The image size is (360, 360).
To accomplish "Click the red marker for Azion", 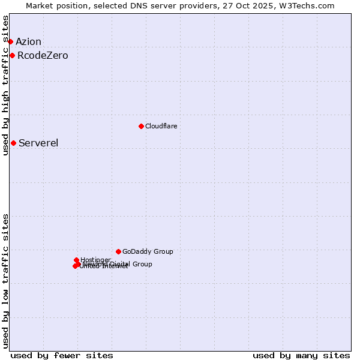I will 10,41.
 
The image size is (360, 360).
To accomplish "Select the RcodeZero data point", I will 12,56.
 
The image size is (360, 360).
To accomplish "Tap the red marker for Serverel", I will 13,143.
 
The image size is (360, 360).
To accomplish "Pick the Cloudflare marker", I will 141,126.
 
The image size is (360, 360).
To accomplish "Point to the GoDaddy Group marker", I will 118,251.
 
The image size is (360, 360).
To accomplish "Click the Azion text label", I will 28,41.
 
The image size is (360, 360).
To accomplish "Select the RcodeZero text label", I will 43,56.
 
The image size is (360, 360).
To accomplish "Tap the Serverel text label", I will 38,143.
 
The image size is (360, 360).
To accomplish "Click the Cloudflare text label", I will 161,126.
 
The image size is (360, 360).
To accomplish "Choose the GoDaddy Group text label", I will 148,251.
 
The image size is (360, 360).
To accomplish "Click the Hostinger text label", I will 95,260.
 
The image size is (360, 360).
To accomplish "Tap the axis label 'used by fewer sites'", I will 62,355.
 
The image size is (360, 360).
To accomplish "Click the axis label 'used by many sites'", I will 301,355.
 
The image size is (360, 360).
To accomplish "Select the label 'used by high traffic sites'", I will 5,85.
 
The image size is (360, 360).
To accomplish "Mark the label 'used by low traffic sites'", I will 5,281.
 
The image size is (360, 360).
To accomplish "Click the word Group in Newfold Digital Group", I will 142,264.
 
